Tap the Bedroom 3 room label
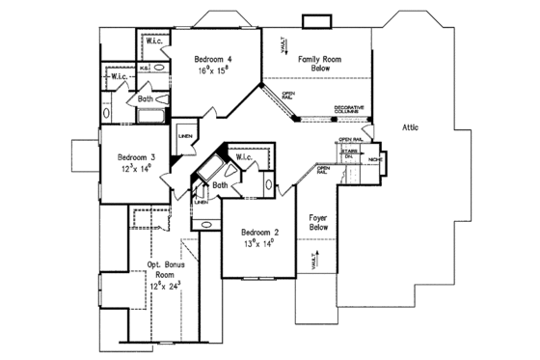click(139, 157)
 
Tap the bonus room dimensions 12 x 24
click(166, 287)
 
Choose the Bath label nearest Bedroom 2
click(220, 184)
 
